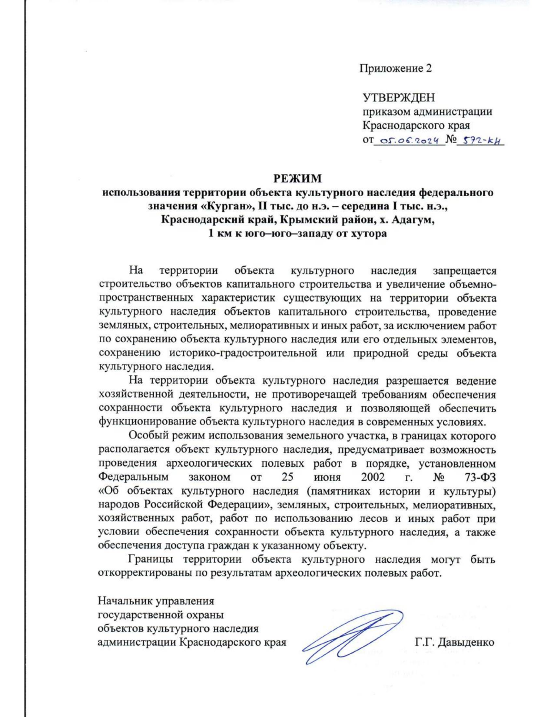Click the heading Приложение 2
tap(396, 69)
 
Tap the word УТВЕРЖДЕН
tap(398, 98)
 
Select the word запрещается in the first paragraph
tap(464, 271)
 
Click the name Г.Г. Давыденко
tap(454, 642)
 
